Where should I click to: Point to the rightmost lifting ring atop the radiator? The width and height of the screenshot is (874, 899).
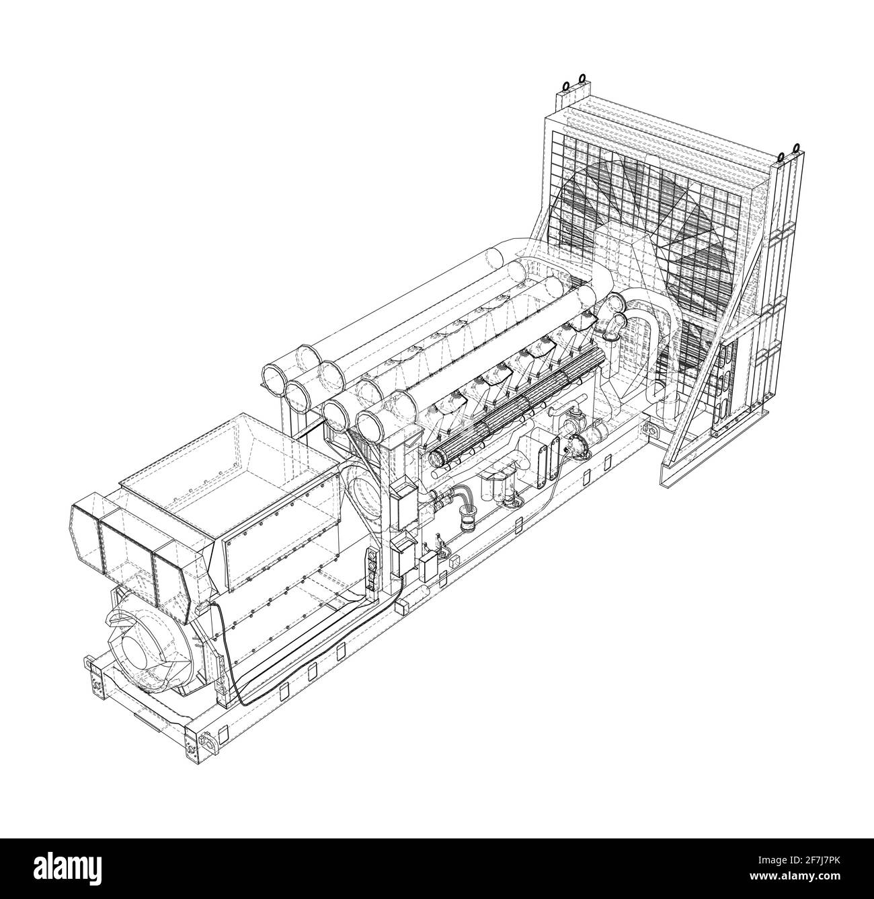(x=796, y=148)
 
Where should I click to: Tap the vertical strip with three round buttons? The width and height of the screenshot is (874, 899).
(x=368, y=571)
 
